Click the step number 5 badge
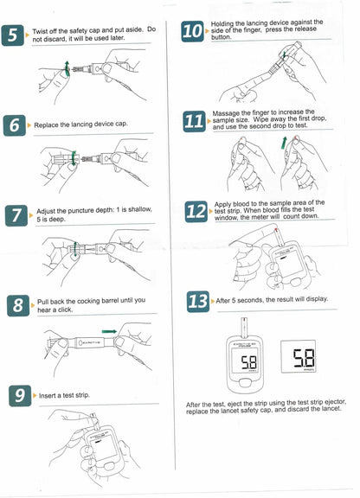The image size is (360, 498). click(12, 35)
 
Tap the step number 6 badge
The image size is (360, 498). click(15, 125)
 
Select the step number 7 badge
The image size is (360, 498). click(16, 215)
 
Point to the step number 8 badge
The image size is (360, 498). click(18, 305)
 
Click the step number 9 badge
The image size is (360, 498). click(20, 396)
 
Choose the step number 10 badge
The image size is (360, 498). click(192, 31)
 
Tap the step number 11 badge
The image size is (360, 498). click(195, 122)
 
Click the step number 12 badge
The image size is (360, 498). click(196, 212)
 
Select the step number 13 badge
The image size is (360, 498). click(198, 302)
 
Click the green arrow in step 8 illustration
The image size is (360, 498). click(109, 332)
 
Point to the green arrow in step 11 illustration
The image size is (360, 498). click(284, 143)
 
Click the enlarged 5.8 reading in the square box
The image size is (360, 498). click(304, 358)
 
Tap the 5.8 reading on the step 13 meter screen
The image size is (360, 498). click(248, 362)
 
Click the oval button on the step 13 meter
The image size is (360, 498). click(245, 383)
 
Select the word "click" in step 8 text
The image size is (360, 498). click(65, 310)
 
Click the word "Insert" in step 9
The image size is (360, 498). click(47, 396)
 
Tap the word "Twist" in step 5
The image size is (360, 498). click(40, 31)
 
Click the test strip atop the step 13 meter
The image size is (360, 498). click(244, 327)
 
